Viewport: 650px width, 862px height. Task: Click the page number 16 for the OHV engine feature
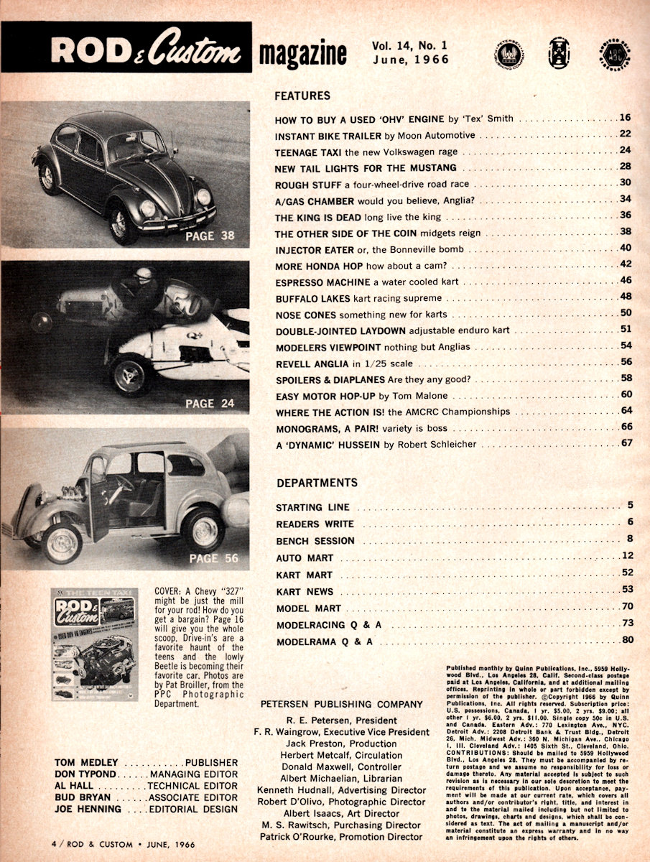pos(625,117)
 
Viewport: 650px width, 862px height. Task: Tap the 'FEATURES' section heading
pos(302,95)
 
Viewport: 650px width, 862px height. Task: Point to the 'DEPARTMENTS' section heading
pos(317,482)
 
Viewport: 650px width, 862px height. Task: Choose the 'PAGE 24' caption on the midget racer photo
pos(210,403)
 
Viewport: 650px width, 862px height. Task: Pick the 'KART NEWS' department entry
pos(305,591)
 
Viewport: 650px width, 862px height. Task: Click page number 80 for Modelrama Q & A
pos(626,641)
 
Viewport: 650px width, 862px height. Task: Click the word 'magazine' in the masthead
pos(302,55)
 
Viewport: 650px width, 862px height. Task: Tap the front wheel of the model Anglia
pos(62,544)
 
